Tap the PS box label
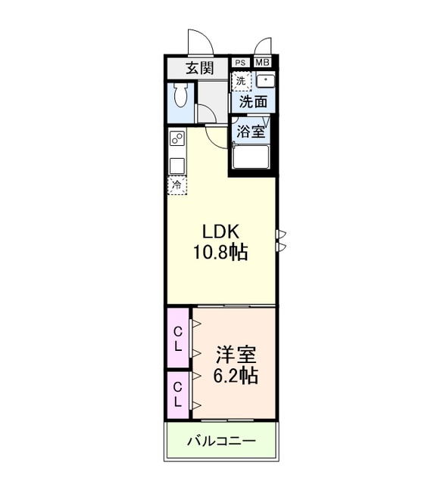tap(240, 63)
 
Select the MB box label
tap(261, 63)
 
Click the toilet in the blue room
tap(179, 97)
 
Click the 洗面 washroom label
tap(253, 101)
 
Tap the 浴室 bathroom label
tap(251, 130)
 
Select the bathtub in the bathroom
tap(251, 157)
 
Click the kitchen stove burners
tap(177, 141)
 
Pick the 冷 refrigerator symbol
tap(177, 185)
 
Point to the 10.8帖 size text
tap(223, 253)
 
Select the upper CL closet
tap(179, 338)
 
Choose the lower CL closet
tap(179, 394)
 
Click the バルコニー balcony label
tap(221, 440)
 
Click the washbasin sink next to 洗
tap(265, 80)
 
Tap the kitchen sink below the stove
tap(177, 164)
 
